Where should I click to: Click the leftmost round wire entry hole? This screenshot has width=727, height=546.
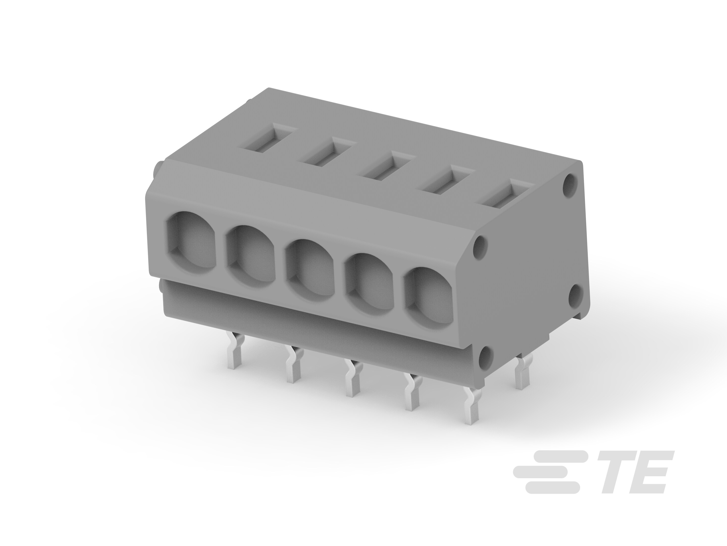point(190,242)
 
